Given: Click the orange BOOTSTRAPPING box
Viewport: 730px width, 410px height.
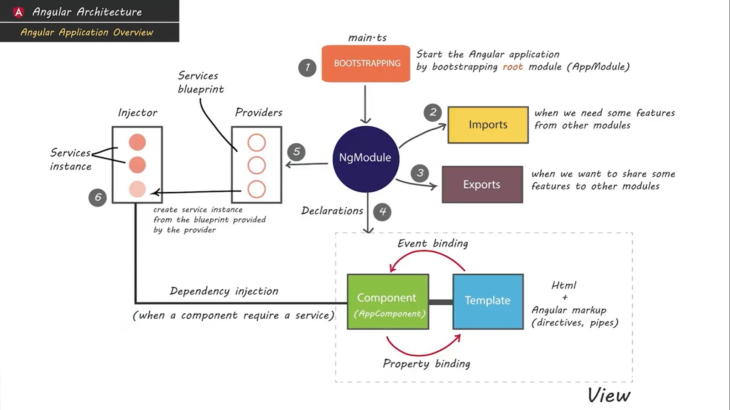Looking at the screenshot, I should (x=366, y=63).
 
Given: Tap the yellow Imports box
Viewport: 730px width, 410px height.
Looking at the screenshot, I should (x=488, y=125).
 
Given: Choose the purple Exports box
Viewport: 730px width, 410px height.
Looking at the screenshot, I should (x=482, y=184).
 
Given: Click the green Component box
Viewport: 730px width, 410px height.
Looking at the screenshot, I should (x=388, y=302).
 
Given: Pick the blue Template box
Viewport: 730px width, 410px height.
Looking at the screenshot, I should (x=488, y=301).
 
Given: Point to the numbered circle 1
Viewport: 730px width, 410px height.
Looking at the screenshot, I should (x=307, y=68).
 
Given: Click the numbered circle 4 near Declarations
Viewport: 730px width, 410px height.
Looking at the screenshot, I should (x=382, y=211).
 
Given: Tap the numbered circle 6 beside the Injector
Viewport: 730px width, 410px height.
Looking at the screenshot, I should (x=98, y=197).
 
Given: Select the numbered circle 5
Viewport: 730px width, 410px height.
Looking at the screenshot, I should (x=297, y=152).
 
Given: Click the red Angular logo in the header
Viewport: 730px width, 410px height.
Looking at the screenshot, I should (x=18, y=12).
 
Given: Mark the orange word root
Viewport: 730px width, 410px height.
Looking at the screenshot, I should (x=512, y=67).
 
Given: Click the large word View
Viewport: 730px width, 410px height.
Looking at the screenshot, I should (x=609, y=395).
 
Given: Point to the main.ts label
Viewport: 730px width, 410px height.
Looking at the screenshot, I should (x=367, y=38).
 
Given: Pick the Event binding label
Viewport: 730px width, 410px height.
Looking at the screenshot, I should (x=433, y=243).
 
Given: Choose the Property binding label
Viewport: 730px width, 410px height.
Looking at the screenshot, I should (x=426, y=364).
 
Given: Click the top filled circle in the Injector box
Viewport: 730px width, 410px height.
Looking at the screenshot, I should (x=137, y=142).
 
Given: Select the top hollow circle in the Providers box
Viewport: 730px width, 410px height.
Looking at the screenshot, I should (x=256, y=143).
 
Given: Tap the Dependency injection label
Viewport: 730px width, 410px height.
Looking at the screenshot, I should (x=224, y=291).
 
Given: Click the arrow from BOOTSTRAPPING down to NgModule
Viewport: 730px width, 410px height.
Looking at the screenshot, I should (x=365, y=105).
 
